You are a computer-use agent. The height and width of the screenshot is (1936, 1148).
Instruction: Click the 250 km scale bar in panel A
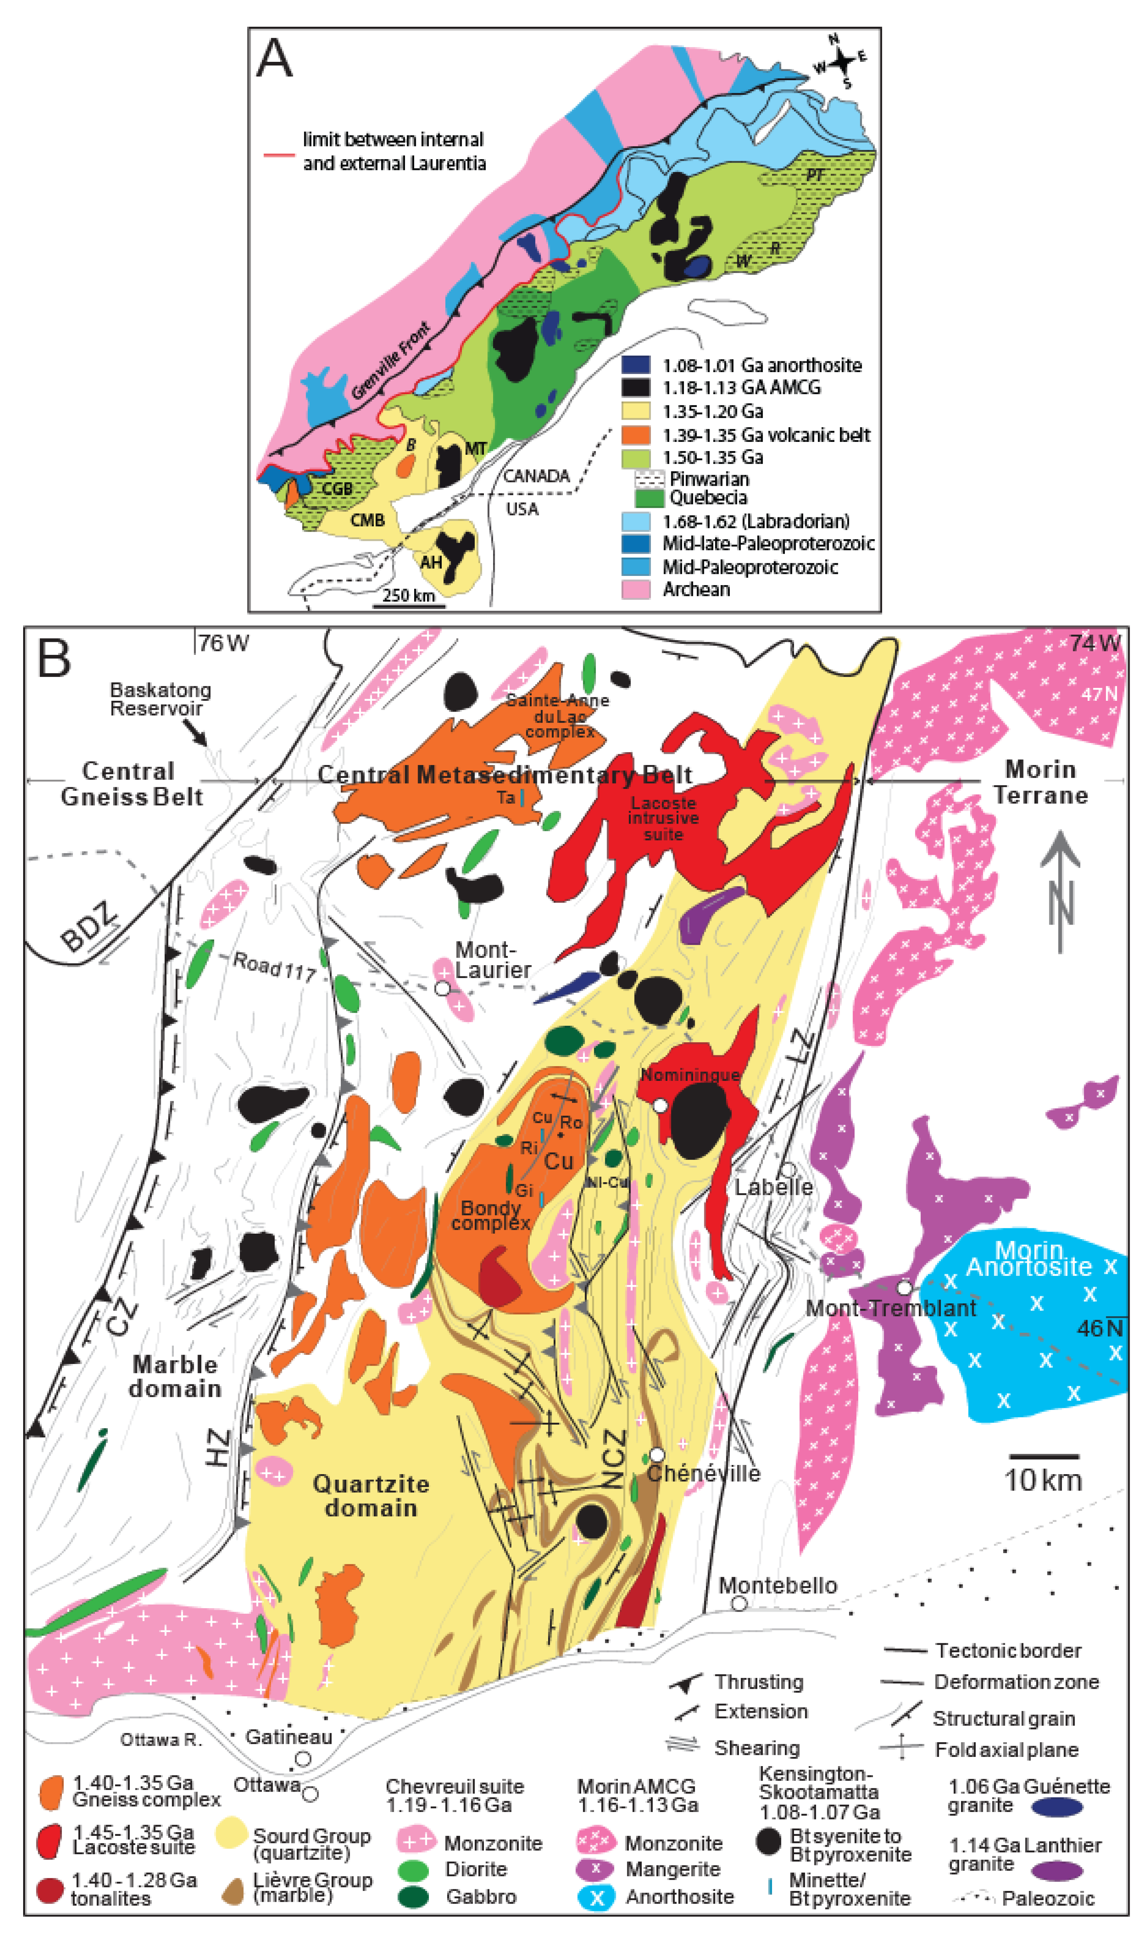pyautogui.click(x=409, y=605)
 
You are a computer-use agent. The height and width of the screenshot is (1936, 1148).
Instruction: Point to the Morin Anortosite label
pyautogui.click(x=1029, y=1258)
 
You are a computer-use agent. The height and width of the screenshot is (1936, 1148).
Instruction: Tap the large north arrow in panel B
pyautogui.click(x=1060, y=890)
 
